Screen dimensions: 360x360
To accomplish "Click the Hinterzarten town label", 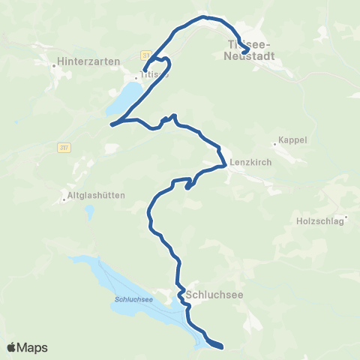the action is pos(88,61).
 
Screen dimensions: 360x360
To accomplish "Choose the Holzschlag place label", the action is pos(319,221).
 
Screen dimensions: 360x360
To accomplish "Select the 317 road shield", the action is pos(62,148).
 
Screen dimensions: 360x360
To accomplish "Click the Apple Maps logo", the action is pos(27,347).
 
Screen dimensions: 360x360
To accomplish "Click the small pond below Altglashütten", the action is pos(89,214).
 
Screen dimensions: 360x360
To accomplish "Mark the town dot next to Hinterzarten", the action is pos(55,66).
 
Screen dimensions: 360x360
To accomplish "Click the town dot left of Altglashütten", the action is pos(65,199).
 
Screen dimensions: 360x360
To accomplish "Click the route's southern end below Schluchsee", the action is pos(222,346).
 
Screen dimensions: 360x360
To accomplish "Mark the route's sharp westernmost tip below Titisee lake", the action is pos(111,124).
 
